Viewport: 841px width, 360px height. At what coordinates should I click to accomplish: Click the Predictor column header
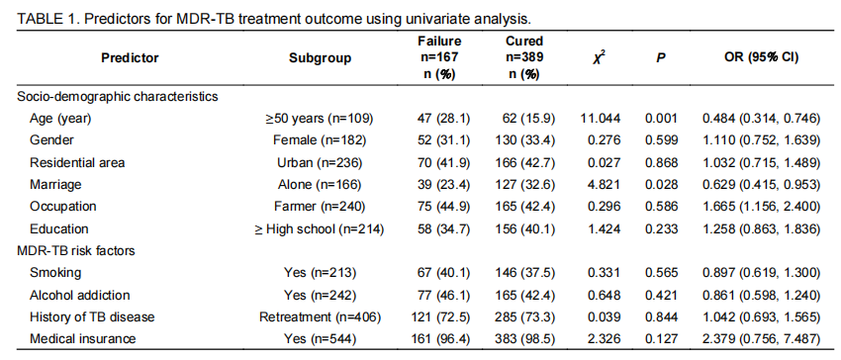[x=130, y=58]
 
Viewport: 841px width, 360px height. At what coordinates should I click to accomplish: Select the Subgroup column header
[x=321, y=58]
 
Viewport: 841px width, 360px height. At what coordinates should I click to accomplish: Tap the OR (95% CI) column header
[x=762, y=58]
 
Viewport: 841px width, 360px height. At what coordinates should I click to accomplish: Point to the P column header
[x=661, y=58]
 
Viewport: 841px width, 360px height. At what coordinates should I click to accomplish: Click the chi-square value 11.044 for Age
[x=601, y=118]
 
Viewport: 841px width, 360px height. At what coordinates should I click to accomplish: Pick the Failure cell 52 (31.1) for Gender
[x=443, y=140]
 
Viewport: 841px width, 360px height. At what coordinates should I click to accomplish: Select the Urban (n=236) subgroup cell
[x=320, y=162]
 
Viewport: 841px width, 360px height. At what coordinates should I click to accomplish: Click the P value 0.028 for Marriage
[x=661, y=185]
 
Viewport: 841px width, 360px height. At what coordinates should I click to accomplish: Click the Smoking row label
[x=55, y=273]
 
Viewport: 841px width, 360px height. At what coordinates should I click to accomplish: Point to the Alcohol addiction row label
[x=80, y=295]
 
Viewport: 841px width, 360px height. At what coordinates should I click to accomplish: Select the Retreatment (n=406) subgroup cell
[x=321, y=317]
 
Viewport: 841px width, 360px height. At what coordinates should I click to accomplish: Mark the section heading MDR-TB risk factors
[x=75, y=250]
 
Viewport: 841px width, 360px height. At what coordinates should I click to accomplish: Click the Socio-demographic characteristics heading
[x=118, y=97]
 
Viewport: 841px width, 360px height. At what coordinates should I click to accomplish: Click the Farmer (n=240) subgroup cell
[x=321, y=207]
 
